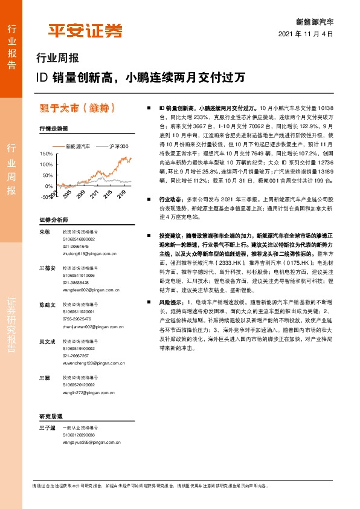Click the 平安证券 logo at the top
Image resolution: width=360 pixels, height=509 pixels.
tap(85, 30)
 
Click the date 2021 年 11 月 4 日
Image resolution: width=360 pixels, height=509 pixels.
tap(306, 34)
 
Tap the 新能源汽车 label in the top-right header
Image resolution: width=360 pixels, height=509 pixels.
tap(314, 21)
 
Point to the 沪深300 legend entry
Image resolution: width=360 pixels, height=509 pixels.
tap(120, 146)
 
